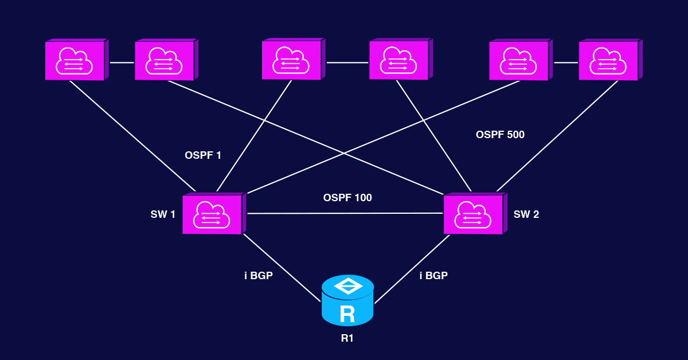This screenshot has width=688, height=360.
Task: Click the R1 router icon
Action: click(347, 300)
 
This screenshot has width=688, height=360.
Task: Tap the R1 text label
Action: click(347, 338)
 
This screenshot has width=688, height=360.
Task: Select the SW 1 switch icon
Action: click(213, 214)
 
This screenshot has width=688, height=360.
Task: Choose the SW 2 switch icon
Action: click(474, 214)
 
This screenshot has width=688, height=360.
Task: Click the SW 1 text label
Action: click(163, 214)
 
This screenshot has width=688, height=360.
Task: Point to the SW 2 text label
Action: click(526, 214)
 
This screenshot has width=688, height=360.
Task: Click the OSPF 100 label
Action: click(347, 198)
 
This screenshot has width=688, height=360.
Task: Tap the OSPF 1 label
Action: click(203, 155)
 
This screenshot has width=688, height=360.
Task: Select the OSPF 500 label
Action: click(500, 135)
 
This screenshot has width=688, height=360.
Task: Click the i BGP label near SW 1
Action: click(259, 276)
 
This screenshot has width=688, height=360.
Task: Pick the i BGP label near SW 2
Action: click(433, 276)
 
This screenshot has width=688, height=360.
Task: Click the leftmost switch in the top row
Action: click(76, 60)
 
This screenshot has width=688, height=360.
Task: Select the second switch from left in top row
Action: click(165, 60)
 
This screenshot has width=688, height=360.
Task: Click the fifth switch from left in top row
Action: click(519, 60)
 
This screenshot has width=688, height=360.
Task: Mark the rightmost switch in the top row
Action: click(609, 60)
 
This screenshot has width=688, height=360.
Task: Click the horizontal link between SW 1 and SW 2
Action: click(344, 213)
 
